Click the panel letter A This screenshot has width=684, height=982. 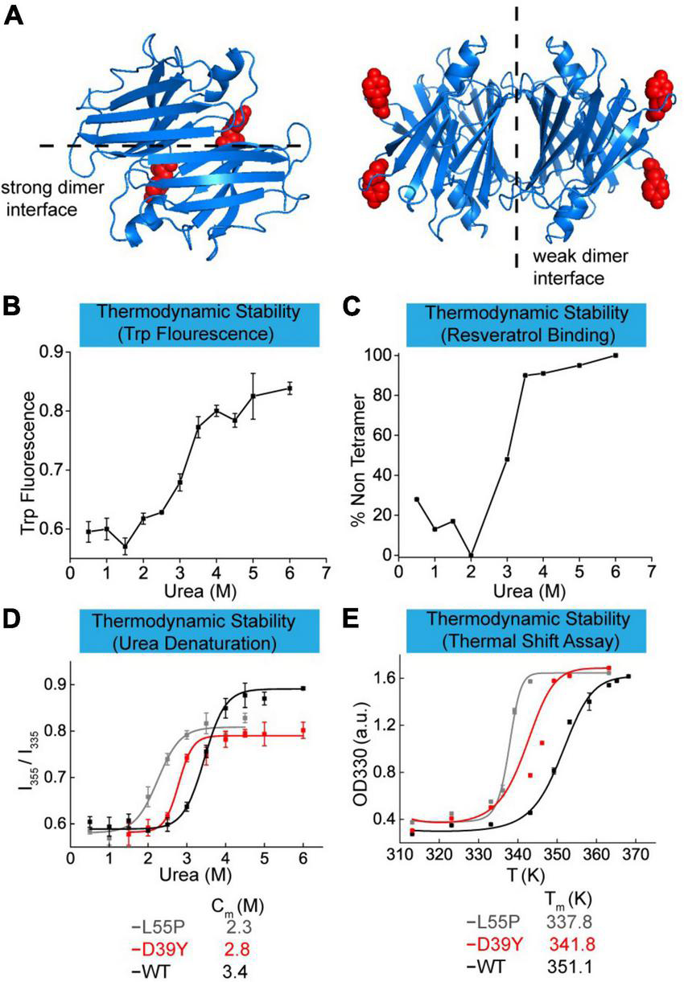(x=14, y=15)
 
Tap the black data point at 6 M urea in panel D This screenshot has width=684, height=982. (x=303, y=688)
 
